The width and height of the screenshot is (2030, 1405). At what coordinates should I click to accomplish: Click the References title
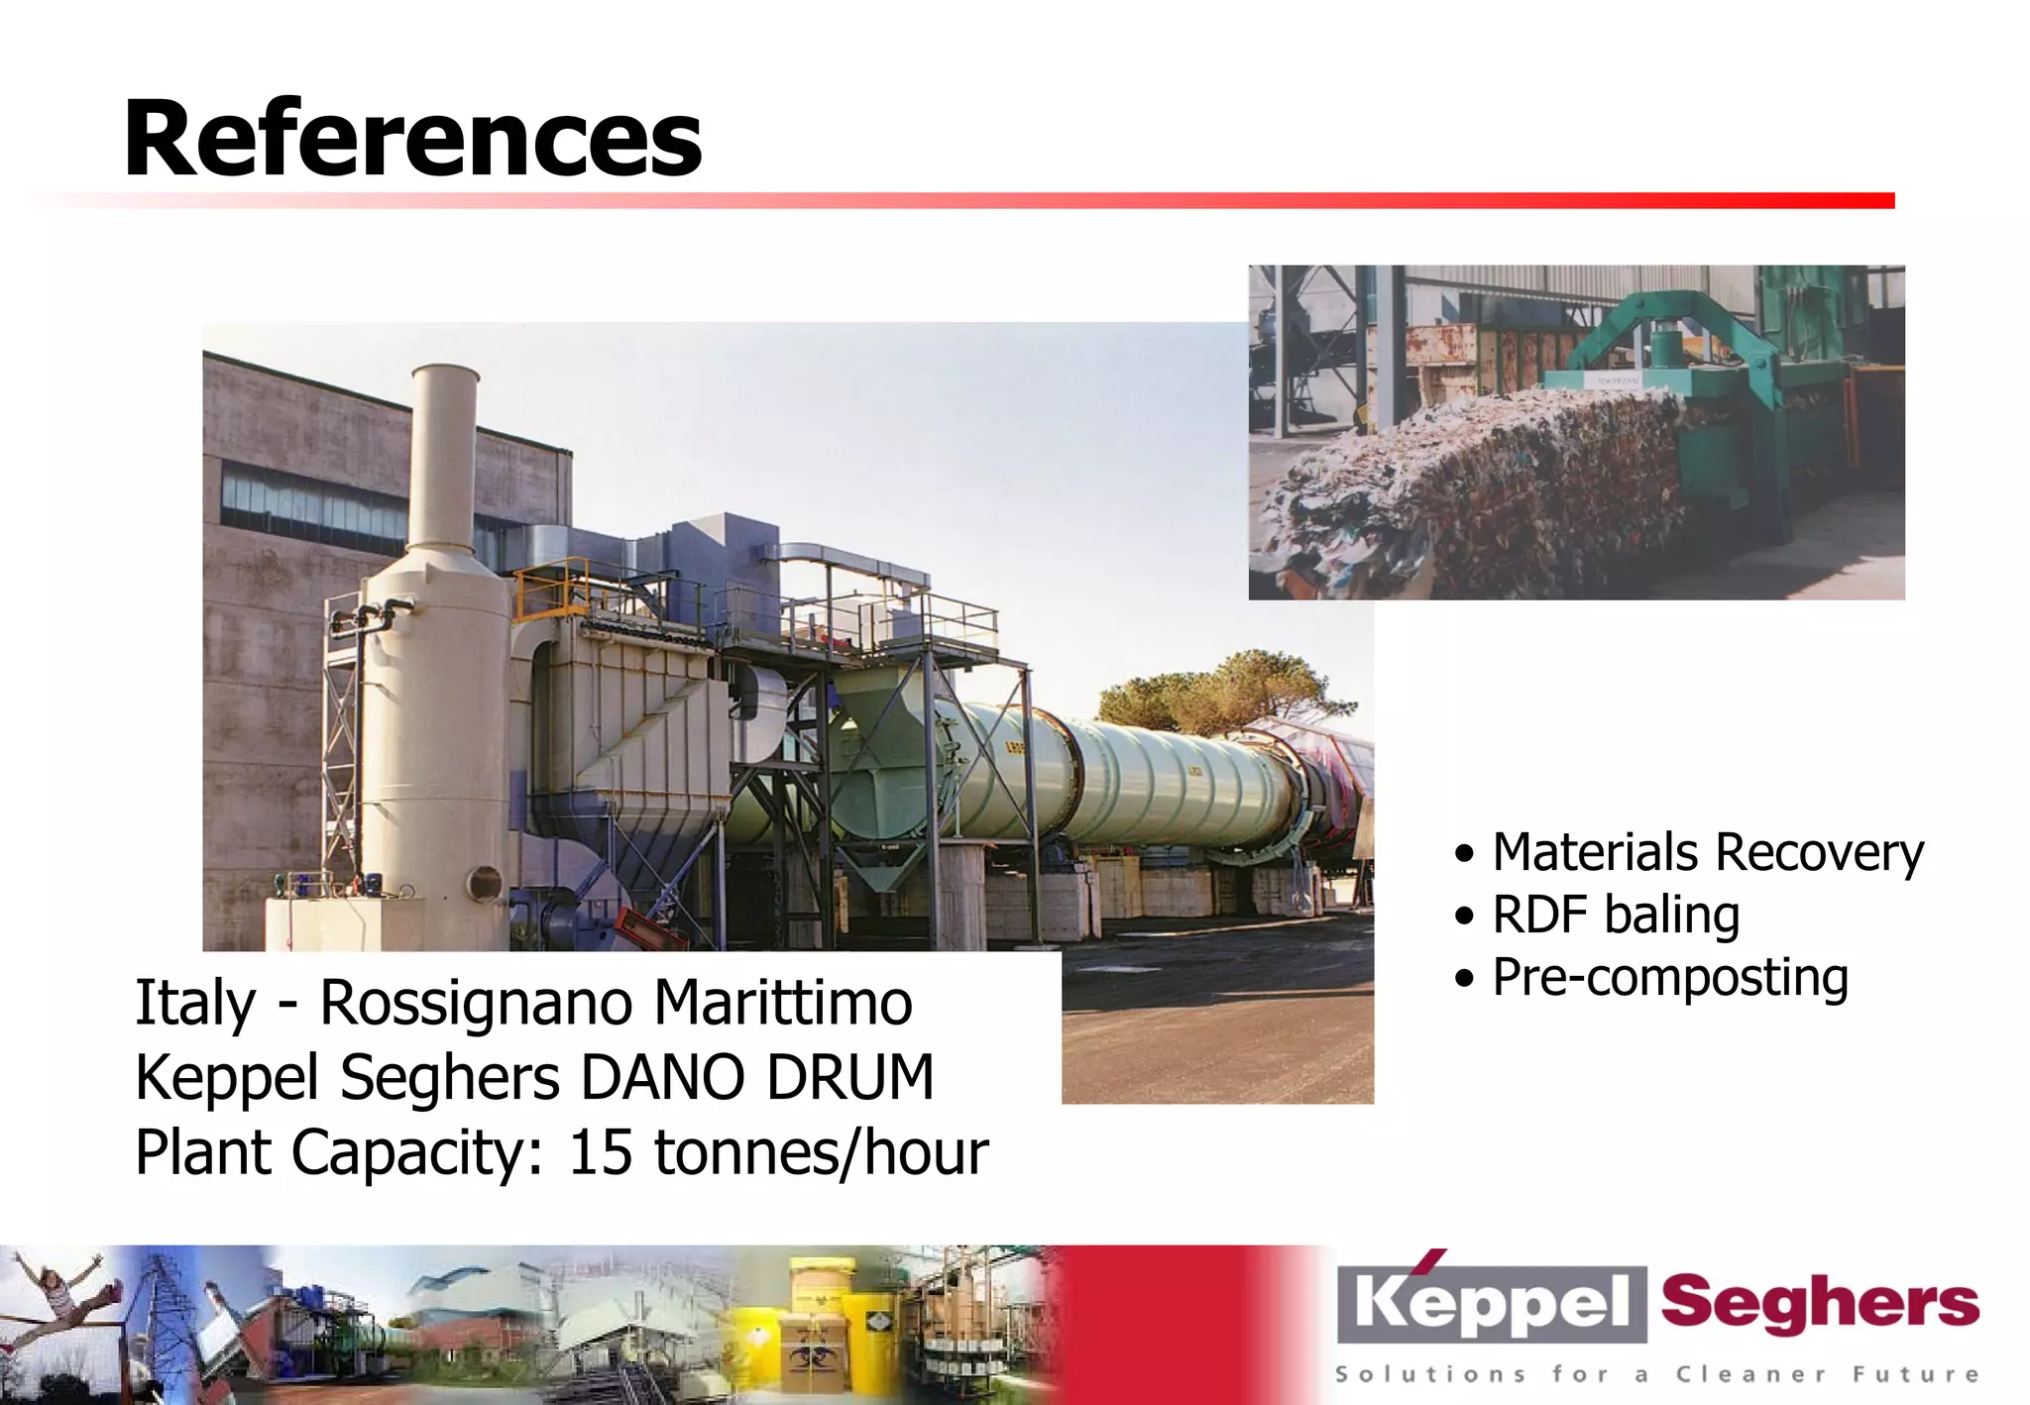click(412, 139)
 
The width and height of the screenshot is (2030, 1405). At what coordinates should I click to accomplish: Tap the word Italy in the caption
click(195, 1003)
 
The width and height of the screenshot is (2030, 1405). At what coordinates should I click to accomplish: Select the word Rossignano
click(476, 1003)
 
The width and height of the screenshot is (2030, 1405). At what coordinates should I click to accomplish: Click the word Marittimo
click(783, 1003)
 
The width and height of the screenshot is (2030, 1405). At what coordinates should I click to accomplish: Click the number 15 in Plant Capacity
click(600, 1152)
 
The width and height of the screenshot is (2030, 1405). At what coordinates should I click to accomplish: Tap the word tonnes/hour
click(821, 1152)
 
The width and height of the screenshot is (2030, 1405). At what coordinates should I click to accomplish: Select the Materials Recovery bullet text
click(1707, 852)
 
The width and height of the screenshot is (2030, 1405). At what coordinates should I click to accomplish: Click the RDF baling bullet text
click(1616, 915)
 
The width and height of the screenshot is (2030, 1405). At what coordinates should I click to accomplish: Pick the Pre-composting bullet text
click(1670, 978)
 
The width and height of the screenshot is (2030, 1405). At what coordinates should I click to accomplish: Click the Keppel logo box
click(1491, 1304)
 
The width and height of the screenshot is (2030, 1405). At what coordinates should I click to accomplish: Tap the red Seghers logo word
click(1819, 1304)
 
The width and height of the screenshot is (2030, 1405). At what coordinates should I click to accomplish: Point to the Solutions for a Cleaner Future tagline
click(1656, 1374)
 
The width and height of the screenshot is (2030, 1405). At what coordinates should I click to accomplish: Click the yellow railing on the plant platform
click(550, 585)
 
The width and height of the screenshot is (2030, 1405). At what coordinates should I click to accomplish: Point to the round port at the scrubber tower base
click(484, 882)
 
